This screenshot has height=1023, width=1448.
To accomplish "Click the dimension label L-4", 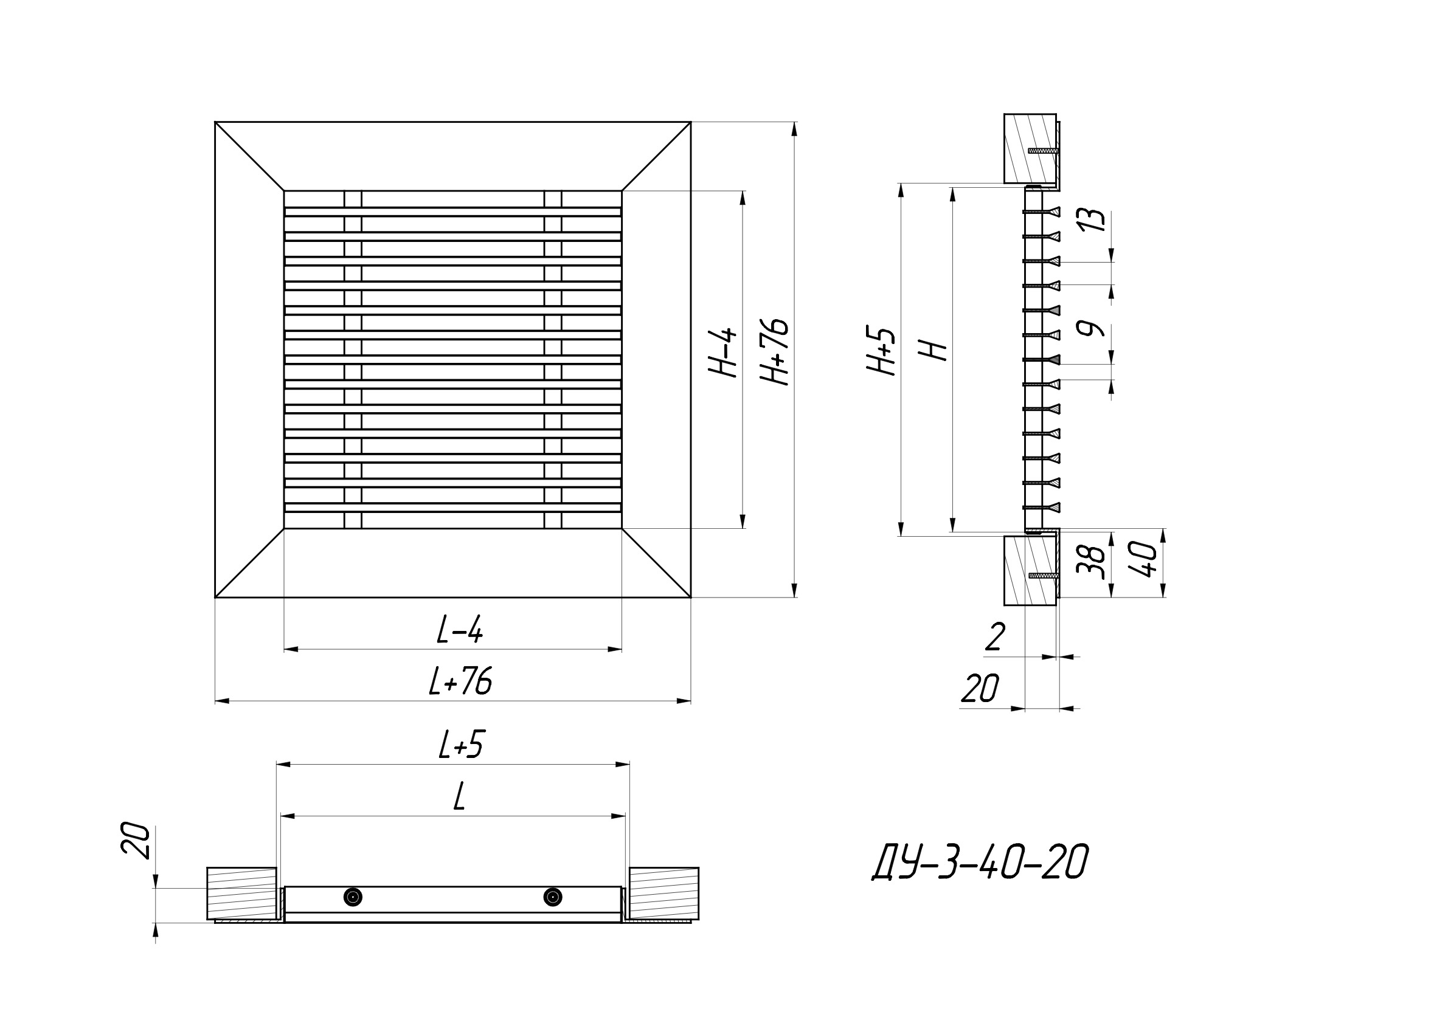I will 460,630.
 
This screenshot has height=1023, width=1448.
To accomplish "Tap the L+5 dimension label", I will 461,746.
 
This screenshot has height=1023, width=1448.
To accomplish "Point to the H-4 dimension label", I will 722,353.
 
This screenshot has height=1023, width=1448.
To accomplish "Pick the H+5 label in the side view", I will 881,351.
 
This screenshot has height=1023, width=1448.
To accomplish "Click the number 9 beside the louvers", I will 1092,329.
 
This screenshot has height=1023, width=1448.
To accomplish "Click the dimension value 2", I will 994,637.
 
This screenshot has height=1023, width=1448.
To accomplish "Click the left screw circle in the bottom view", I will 353,897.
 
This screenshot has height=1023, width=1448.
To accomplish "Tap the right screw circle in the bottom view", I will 552,897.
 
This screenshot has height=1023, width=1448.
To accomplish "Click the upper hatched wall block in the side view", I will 1029,148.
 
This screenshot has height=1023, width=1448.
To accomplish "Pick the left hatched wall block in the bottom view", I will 241,893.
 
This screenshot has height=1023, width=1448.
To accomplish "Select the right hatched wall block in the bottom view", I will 663,893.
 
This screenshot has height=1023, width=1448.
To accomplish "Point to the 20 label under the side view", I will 980,688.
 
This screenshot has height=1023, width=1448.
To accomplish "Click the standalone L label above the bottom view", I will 460,797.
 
